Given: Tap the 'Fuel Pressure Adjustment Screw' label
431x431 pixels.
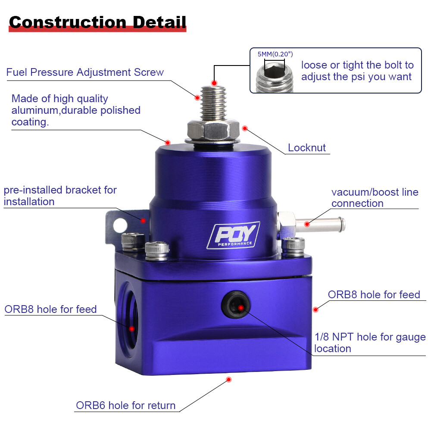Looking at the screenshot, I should tap(85, 72).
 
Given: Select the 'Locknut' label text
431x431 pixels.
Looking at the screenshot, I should tap(307, 148).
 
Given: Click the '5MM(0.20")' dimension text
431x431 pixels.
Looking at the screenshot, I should tap(275, 54).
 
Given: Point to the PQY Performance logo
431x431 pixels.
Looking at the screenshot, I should tap(233, 235).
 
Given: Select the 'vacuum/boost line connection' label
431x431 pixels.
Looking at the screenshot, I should tap(375, 198).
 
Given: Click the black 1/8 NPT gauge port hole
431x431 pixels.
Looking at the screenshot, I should tap(235, 305).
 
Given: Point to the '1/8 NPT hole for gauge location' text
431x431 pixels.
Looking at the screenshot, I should tap(370, 343).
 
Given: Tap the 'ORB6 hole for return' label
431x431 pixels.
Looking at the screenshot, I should tap(126, 406).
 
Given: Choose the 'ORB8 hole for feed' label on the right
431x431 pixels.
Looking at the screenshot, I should tap(374, 295).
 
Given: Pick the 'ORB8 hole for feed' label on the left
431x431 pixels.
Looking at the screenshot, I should tap(50, 309).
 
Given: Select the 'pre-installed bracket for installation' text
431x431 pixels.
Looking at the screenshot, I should tap(60, 196).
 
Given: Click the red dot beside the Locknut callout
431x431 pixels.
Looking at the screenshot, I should tap(245, 128).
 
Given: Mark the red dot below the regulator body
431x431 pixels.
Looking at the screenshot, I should tap(229, 379).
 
